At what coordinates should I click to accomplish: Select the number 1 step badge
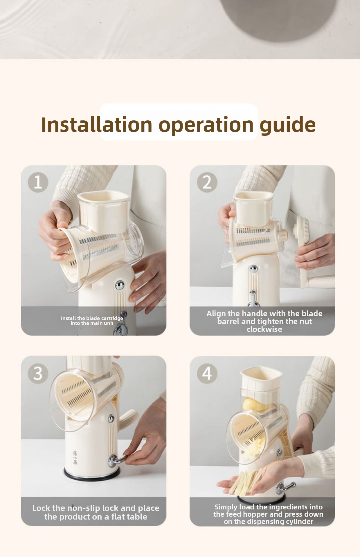[38, 182]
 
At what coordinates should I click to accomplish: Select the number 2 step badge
[207, 182]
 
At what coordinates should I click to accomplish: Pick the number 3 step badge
[38, 373]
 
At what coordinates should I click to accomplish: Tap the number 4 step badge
[207, 373]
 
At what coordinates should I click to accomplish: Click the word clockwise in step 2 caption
[264, 329]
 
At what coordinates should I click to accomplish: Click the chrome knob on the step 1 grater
[120, 285]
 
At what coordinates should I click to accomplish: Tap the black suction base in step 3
[92, 473]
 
